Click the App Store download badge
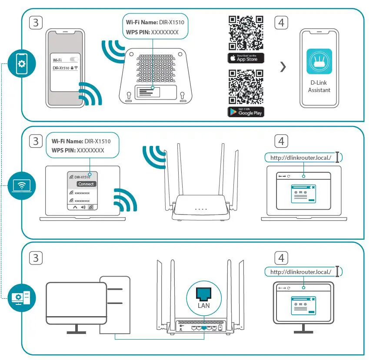pyautogui.click(x=246, y=58)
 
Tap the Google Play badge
pyautogui.click(x=246, y=112)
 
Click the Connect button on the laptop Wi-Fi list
pyautogui.click(x=86, y=184)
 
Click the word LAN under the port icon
pyautogui.click(x=203, y=306)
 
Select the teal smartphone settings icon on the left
pyautogui.click(x=20, y=64)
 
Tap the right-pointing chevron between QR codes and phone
pyautogui.click(x=283, y=67)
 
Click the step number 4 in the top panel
pyautogui.click(x=281, y=23)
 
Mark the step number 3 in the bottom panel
pyautogui.click(x=36, y=258)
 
